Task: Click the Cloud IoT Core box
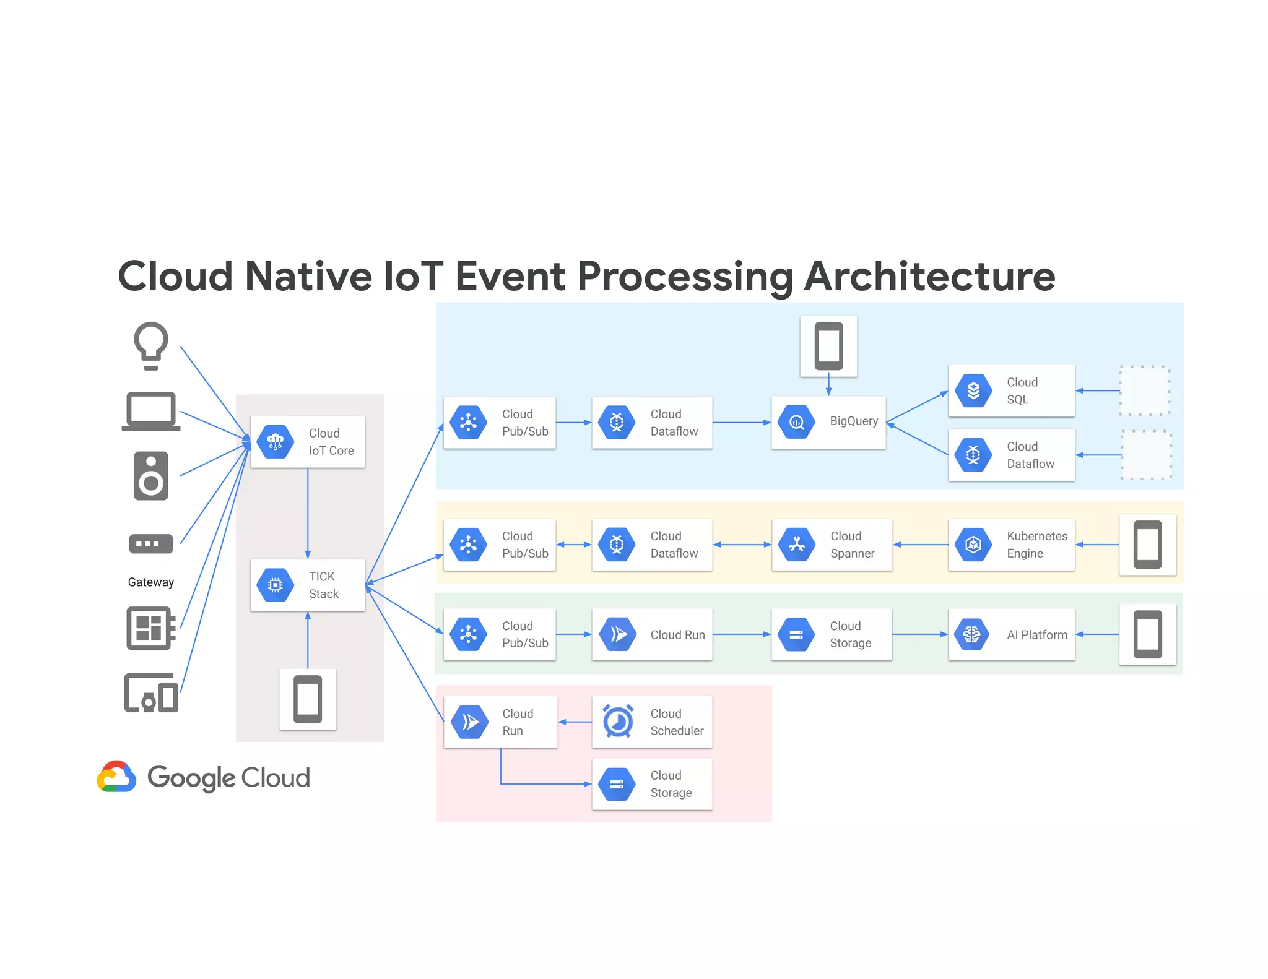tap(308, 442)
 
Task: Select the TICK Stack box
tap(308, 585)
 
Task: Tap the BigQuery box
tap(828, 422)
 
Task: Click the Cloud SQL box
tap(1011, 390)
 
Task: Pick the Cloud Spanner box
tap(832, 545)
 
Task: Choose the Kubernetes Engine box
tap(1011, 545)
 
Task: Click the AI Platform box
tap(1011, 634)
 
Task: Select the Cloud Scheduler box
tap(652, 722)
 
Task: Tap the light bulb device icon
tap(151, 345)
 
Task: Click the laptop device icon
tap(151, 411)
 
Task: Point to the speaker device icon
tap(151, 475)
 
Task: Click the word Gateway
tap(151, 582)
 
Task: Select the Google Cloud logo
tap(204, 777)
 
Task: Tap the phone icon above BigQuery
tap(828, 346)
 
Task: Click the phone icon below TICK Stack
tap(308, 699)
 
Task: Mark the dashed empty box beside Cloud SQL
tap(1145, 390)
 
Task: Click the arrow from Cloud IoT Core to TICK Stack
tap(308, 514)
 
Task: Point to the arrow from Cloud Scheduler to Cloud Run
tap(575, 722)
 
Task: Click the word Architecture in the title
tap(929, 276)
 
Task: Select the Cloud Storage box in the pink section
tap(652, 784)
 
